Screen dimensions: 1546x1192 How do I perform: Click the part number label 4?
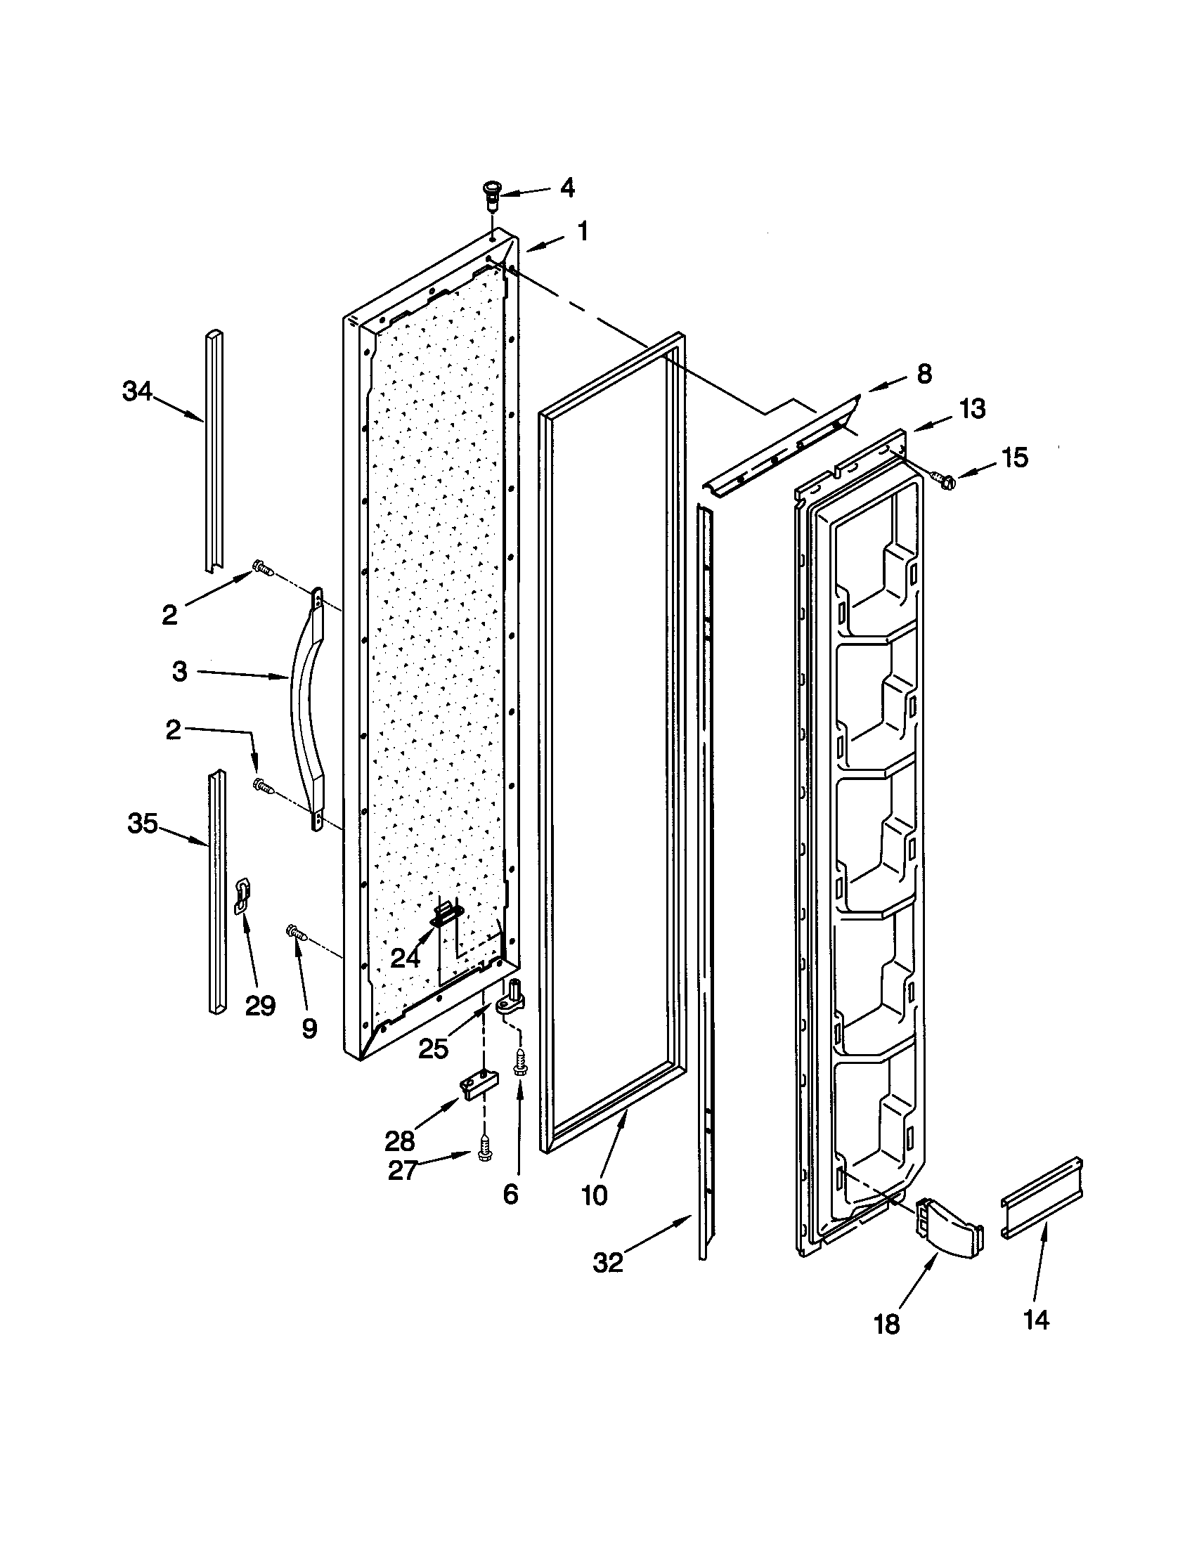(568, 188)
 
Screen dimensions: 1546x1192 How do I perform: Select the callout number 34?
(137, 391)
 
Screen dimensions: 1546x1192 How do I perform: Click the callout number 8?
(924, 374)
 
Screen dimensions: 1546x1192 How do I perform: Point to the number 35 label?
(142, 824)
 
